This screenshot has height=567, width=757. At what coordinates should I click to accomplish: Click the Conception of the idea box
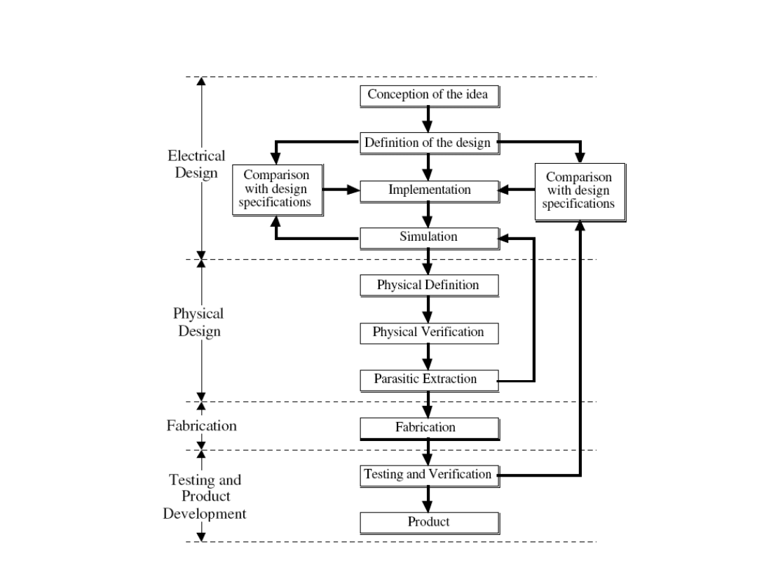[429, 96]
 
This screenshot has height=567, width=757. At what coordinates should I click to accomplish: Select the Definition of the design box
[429, 143]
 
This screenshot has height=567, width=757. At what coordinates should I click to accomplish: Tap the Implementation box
[429, 190]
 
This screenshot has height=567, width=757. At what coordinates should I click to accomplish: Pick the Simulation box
[429, 237]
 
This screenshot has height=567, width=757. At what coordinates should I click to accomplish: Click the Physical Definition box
[429, 286]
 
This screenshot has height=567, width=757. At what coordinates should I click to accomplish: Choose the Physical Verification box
[429, 332]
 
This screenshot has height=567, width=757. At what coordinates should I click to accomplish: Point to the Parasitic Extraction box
[429, 380]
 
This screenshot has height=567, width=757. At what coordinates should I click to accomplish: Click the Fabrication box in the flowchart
[429, 428]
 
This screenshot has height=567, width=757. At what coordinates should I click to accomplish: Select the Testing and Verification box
[429, 475]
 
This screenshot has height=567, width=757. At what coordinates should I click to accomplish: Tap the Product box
[429, 522]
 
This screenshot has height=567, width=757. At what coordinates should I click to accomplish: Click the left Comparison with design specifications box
[278, 190]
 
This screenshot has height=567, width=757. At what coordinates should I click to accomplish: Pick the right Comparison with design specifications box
[580, 191]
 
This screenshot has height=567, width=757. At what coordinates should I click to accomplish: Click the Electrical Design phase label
[200, 164]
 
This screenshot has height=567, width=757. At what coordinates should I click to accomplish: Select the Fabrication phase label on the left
[201, 426]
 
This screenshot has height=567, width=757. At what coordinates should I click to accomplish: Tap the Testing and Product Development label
[205, 497]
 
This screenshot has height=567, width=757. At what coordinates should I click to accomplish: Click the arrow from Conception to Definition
[428, 119]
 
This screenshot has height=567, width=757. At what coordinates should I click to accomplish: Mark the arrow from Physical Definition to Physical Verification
[428, 309]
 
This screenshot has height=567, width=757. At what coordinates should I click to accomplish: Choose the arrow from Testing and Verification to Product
[428, 498]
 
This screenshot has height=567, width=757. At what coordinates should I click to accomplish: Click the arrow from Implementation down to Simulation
[428, 214]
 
